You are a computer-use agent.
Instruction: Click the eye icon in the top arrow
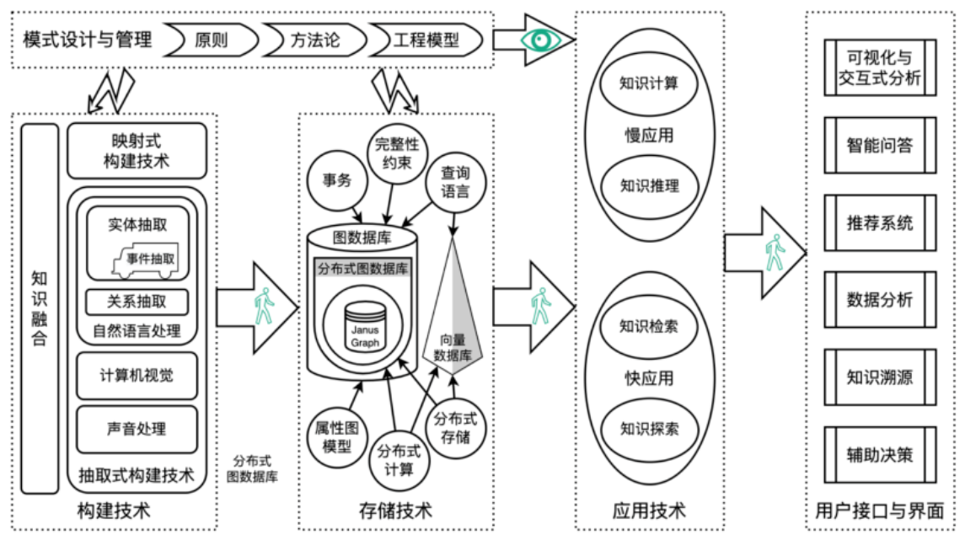click(541, 40)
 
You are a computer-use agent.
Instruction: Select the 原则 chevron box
click(211, 40)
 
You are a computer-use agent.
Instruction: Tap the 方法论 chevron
click(314, 40)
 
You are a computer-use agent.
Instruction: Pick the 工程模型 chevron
click(426, 40)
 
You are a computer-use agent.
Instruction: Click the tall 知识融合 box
click(40, 308)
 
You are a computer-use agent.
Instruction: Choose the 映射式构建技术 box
click(137, 151)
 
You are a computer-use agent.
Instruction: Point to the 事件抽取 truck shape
click(146, 259)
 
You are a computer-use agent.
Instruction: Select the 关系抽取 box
click(137, 302)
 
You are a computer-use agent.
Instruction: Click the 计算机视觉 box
click(137, 375)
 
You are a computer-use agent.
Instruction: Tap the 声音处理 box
click(137, 429)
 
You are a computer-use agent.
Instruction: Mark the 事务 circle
click(337, 180)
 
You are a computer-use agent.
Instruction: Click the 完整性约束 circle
click(397, 154)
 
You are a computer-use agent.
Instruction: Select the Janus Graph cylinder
click(365, 326)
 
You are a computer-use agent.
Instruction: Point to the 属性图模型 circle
click(336, 437)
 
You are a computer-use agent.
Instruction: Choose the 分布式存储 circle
click(455, 428)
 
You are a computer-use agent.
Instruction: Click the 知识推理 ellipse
click(649, 185)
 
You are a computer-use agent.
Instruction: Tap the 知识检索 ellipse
click(649, 326)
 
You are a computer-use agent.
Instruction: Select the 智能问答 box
click(880, 145)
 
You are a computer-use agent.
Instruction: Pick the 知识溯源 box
click(880, 377)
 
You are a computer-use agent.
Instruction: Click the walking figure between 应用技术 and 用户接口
click(775, 252)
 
